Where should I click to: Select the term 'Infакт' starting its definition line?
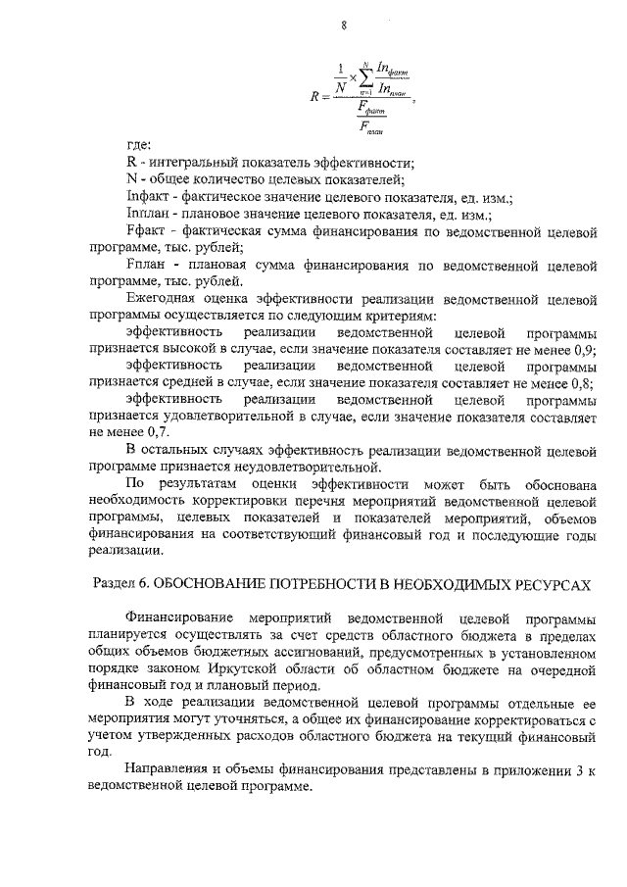(146, 196)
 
